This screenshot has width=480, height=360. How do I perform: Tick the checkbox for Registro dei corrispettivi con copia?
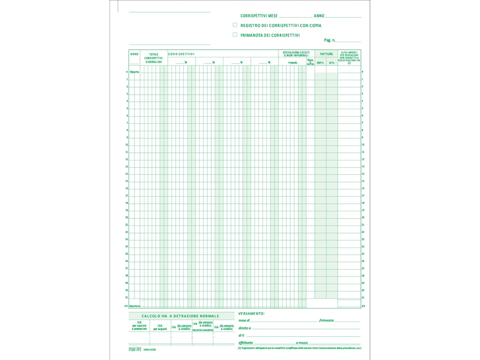[x=235, y=25]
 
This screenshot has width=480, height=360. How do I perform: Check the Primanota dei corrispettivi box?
[x=235, y=35]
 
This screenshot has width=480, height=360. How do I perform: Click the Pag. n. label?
[x=330, y=41]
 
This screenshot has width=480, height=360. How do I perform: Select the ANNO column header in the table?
[x=134, y=54]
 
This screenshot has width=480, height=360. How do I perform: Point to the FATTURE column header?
[x=326, y=54]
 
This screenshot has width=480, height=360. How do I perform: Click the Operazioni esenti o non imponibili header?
[x=296, y=54]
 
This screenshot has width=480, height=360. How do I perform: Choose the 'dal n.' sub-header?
[x=320, y=62]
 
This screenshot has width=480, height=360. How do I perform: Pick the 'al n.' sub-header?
[x=332, y=62]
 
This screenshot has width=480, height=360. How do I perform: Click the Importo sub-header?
[x=292, y=62]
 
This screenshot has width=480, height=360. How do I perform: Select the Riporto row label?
[x=135, y=72]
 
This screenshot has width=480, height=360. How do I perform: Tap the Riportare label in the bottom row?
[x=135, y=306]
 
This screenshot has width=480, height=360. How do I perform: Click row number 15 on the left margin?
[x=127, y=181]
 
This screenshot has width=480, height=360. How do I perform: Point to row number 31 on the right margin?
[x=363, y=298]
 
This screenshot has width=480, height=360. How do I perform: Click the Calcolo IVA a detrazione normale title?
[x=180, y=316]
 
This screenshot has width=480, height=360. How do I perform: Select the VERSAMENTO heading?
[x=251, y=313]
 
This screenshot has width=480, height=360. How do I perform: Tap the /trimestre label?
[x=326, y=321]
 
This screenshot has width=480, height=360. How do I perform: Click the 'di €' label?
[x=241, y=336]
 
